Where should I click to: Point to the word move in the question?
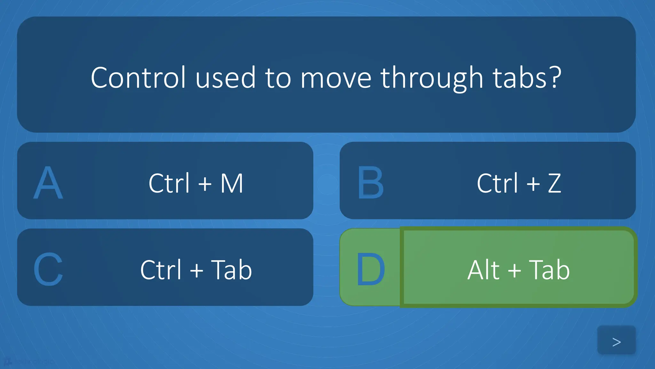pyautogui.click(x=336, y=78)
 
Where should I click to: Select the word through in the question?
pyautogui.click(x=431, y=79)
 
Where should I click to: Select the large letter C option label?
pyautogui.click(x=48, y=269)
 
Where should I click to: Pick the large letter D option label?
pyautogui.click(x=370, y=269)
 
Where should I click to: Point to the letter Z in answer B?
pyautogui.click(x=554, y=183)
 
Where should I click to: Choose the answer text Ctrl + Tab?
pyautogui.click(x=196, y=270)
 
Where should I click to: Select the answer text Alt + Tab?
pyautogui.click(x=518, y=270)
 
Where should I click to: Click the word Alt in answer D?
pyautogui.click(x=483, y=270)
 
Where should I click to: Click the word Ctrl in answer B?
pyautogui.click(x=497, y=183)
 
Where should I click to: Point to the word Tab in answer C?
pyautogui.click(x=231, y=270)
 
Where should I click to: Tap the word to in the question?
pyautogui.click(x=278, y=78)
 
